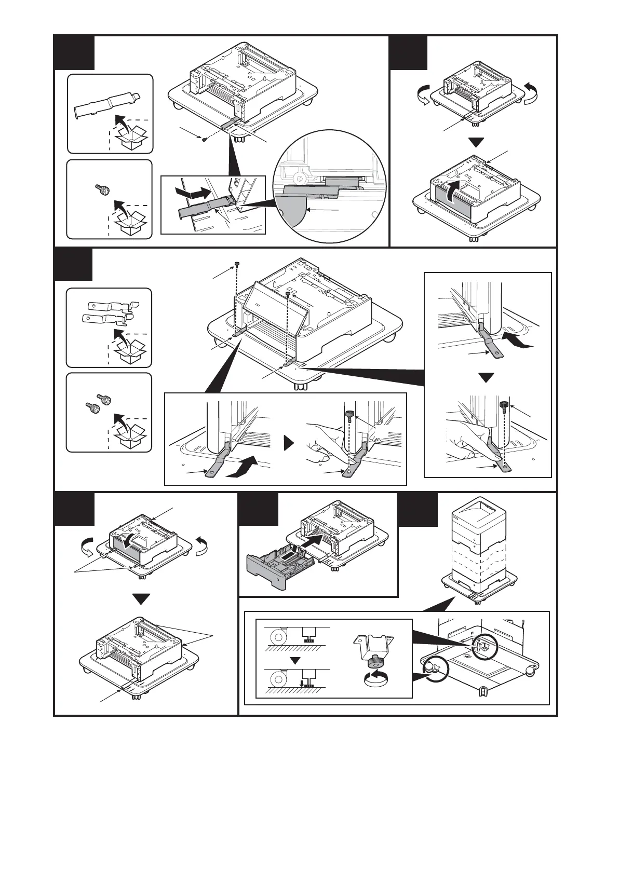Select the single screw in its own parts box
(x=102, y=190)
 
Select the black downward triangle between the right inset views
(x=486, y=377)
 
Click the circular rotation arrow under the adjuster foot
(x=376, y=679)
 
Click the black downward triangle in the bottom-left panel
(x=141, y=599)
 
